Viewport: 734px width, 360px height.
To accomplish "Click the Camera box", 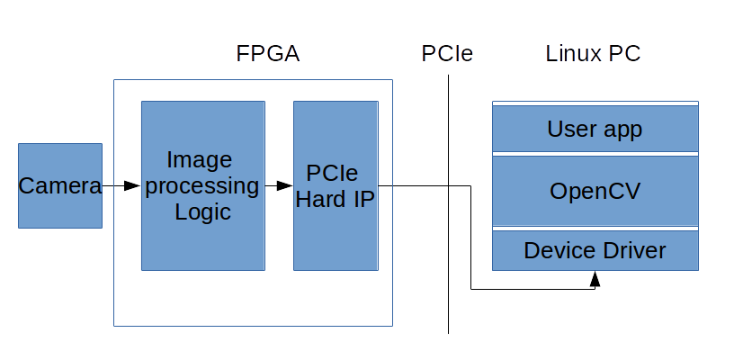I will (x=60, y=185).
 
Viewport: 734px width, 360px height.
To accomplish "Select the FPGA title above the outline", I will (x=267, y=53).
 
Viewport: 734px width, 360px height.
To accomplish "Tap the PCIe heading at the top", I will (x=447, y=53).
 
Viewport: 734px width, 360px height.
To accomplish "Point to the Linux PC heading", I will (x=594, y=53).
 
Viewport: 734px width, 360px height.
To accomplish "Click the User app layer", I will (x=595, y=130).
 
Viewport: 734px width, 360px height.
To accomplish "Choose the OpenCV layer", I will (x=595, y=191).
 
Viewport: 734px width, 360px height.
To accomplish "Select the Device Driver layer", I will (x=595, y=250).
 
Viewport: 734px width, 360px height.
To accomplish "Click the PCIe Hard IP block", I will (x=336, y=185).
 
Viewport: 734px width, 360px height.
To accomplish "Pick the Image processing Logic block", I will (x=202, y=185).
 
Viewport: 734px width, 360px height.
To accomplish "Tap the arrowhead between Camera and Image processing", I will (x=131, y=185).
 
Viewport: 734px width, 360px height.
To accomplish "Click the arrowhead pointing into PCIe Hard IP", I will (x=284, y=185).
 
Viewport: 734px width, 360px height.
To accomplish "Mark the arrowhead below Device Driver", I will (x=595, y=280).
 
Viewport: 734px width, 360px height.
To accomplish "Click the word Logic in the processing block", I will (x=202, y=212).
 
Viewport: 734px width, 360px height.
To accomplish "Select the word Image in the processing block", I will (x=200, y=159).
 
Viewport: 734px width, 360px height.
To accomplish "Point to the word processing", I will (x=202, y=186).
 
